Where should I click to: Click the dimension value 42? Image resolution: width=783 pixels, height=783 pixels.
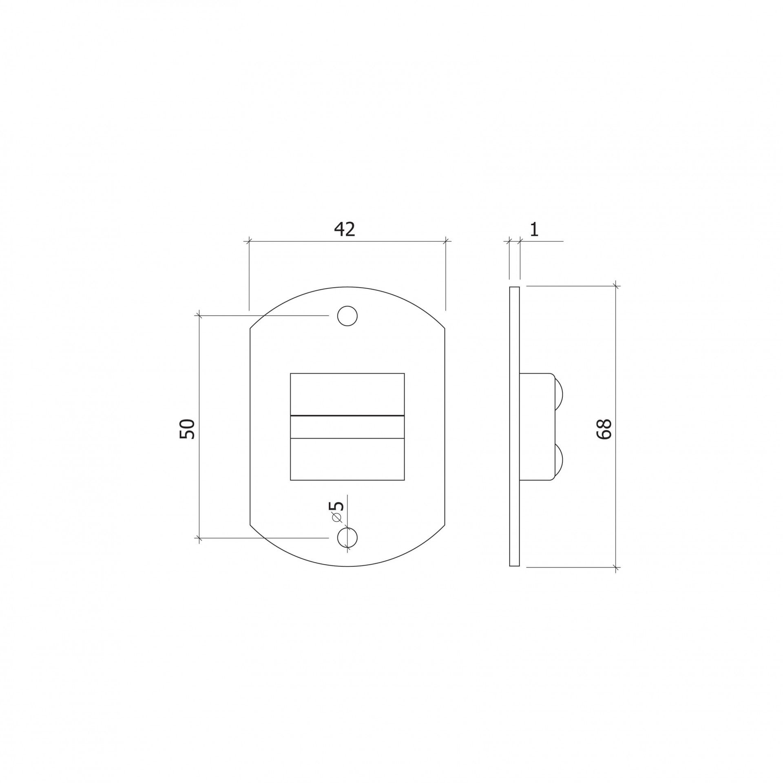click(x=345, y=229)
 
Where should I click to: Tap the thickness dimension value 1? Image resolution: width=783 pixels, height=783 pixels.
click(x=535, y=230)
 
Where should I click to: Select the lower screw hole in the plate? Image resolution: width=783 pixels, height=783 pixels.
click(x=347, y=538)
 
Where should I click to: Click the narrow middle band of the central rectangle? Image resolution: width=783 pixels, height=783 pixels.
click(x=347, y=427)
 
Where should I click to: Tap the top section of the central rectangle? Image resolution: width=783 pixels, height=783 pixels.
click(x=347, y=394)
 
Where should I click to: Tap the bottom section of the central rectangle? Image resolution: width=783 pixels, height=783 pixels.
click(x=347, y=459)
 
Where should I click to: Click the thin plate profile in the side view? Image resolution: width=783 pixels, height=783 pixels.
click(x=515, y=426)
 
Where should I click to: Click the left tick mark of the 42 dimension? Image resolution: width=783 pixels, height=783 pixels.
click(x=249, y=242)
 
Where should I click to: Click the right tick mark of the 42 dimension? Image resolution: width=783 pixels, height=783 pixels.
click(x=446, y=242)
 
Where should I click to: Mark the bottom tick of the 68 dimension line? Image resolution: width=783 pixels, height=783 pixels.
click(x=616, y=567)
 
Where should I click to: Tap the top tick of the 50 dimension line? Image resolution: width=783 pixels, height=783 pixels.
click(x=199, y=315)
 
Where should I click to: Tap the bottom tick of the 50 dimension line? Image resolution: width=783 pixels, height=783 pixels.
click(x=199, y=538)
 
